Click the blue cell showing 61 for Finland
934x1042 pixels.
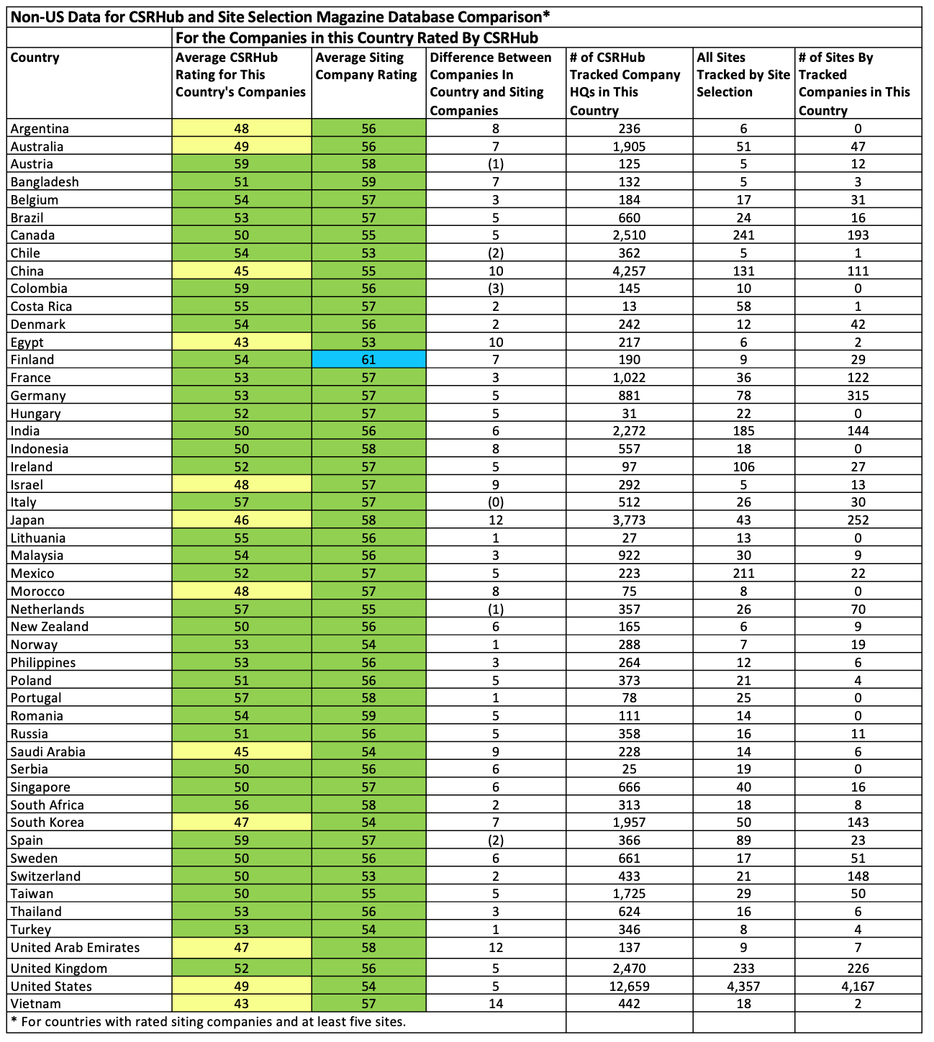click(x=368, y=360)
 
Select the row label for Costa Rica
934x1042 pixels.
click(x=42, y=307)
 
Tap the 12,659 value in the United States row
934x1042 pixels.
click(x=629, y=987)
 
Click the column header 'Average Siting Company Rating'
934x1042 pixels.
click(x=367, y=67)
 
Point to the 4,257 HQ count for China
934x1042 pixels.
click(x=629, y=271)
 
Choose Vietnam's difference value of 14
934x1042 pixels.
click(x=496, y=1004)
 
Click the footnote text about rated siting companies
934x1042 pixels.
click(x=209, y=1021)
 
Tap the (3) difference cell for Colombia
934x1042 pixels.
click(x=496, y=289)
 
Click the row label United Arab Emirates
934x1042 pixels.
click(x=76, y=948)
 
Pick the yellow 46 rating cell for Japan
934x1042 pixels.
click(x=242, y=520)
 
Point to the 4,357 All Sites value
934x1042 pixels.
click(x=743, y=987)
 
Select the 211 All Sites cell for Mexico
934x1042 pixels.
click(x=743, y=574)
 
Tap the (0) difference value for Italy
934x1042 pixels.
click(x=496, y=502)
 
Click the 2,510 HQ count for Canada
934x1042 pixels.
click(x=629, y=235)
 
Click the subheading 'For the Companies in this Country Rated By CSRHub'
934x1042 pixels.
click(x=357, y=37)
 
